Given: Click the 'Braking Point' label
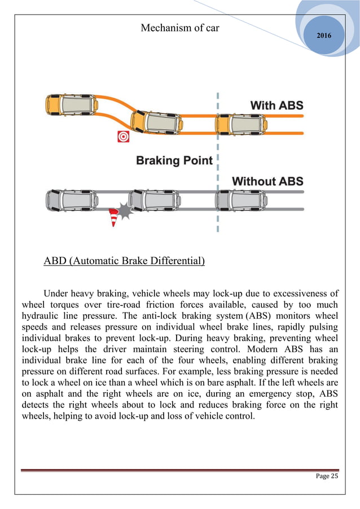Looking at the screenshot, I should [174, 161].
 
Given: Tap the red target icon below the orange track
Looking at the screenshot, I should [122, 137].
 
